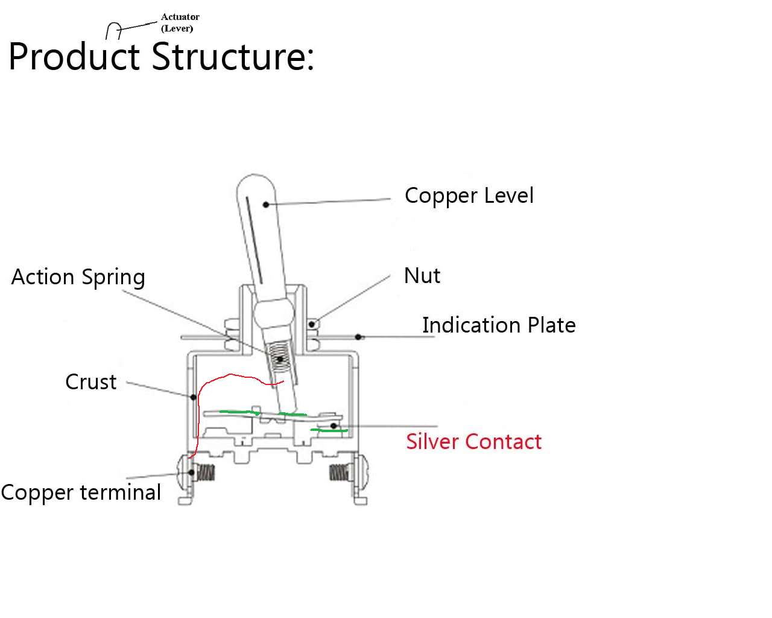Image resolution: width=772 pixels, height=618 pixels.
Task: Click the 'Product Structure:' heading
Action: coord(161,57)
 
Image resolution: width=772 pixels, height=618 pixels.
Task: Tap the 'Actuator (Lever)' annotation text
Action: coord(180,22)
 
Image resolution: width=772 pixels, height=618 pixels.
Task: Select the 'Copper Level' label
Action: coord(469,196)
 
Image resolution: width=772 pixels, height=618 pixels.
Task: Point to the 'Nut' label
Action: coord(422,275)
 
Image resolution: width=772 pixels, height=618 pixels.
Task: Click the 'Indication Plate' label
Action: coord(499,325)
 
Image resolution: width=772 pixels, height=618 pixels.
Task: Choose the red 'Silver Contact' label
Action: coord(473,441)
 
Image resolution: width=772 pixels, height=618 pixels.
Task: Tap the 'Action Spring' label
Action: coord(78,277)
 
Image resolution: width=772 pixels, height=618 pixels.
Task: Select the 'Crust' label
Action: coord(90,381)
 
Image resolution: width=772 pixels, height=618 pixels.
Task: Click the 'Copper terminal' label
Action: coord(81,492)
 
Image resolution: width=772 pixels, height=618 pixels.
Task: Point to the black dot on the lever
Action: coord(266,205)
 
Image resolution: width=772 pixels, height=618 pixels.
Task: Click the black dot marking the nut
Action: coord(312,325)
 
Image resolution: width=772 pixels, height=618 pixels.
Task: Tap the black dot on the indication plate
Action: coord(358,337)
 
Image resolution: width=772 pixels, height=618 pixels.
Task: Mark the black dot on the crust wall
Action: coord(194,397)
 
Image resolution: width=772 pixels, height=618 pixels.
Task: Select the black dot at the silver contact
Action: coord(334,426)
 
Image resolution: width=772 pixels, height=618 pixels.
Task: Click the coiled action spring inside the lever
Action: coord(280,358)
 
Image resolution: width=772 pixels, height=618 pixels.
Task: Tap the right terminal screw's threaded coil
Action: coord(338,473)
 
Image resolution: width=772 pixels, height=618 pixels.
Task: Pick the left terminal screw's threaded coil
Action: coord(206,473)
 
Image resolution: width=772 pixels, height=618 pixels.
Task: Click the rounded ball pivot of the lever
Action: coord(274,313)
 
